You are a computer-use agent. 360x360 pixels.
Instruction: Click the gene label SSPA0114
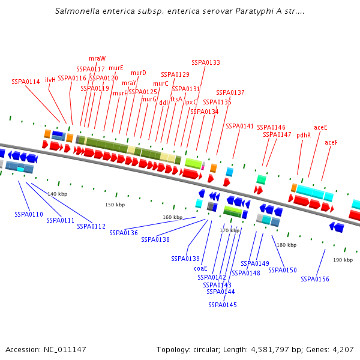tap(26, 82)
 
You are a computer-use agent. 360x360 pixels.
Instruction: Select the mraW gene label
tap(97, 58)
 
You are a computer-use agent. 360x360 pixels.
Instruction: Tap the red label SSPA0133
tap(206, 62)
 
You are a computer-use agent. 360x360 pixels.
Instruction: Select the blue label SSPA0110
tap(29, 214)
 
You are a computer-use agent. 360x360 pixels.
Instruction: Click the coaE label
tap(200, 268)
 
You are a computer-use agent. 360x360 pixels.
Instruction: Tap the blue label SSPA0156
tap(315, 279)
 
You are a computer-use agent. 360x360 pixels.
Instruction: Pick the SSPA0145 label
tap(223, 305)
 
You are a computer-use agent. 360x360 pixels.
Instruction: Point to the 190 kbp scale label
tap(343, 260)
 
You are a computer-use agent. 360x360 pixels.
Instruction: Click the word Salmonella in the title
tap(75, 11)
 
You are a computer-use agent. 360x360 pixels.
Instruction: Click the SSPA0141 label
tap(240, 126)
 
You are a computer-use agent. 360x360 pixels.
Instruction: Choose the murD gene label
tap(139, 73)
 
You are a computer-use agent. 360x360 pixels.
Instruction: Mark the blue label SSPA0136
tap(124, 233)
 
